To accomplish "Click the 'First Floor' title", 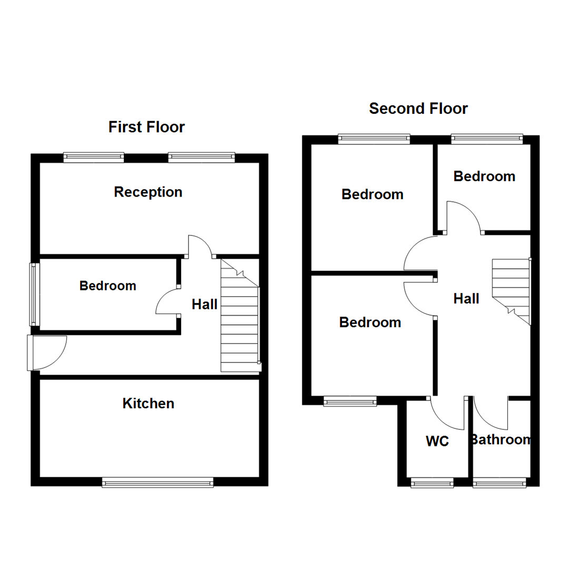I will pos(146,127).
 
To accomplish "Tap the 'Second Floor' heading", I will pos(418,109).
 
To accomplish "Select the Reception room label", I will pos(148,192).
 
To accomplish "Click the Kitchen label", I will pos(148,404).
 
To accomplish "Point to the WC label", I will pos(437,441).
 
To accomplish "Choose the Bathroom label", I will pos(501,439).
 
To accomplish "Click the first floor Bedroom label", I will pos(107,286).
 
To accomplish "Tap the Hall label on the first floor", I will pos(204,304).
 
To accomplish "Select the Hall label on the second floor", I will pos(466,299).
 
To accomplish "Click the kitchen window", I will pos(158,482).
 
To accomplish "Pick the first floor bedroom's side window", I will pos(34,294).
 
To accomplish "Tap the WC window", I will pos(431,482).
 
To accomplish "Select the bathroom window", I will pos(499,482).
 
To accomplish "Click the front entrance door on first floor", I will pos(47,352).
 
